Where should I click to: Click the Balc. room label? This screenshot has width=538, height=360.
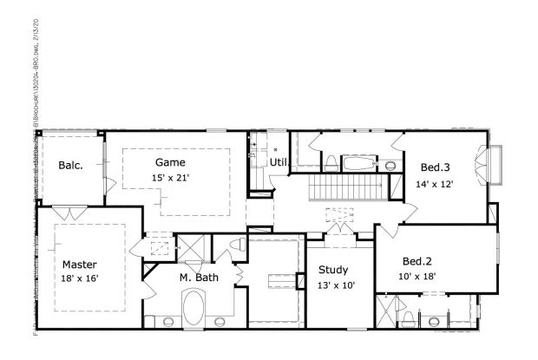coord(70,166)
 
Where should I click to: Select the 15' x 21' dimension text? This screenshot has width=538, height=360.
coord(170,178)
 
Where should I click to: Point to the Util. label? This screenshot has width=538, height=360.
coord(279,162)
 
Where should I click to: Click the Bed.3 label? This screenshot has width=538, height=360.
coord(436,167)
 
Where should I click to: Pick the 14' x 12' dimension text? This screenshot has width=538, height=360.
coord(435,184)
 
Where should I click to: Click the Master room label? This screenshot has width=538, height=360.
coord(79,265)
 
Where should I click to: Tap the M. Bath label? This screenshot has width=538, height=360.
coord(199,278)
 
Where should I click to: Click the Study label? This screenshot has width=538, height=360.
coord(332,269)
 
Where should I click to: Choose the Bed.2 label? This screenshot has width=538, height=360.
coord(417,260)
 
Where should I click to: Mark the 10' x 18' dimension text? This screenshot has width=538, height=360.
coord(417,277)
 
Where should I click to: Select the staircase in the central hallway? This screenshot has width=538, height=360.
coord(346,187)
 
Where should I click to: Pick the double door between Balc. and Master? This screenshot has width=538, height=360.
coord(67,212)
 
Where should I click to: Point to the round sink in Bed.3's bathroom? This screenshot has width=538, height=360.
coord(390,164)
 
